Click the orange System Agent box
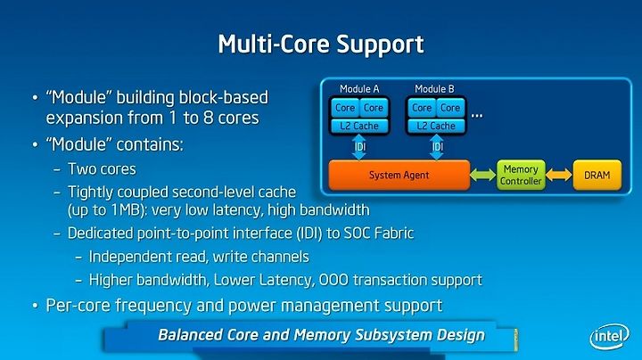pos(399,175)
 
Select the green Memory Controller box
pos(521,175)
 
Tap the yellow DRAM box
pos(597,175)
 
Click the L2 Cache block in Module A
pos(359,126)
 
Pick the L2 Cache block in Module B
pos(436,126)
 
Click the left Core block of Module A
pos(345,108)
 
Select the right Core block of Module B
pos(450,108)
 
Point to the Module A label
pos(359,89)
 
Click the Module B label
pos(434,89)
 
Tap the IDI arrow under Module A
pos(359,147)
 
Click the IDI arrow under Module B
pos(437,147)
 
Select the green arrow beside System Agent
pos(483,175)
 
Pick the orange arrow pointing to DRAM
pos(559,175)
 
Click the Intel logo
pos(610,336)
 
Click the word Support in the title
pos(381,45)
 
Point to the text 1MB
pos(126,210)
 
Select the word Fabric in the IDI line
pos(394,233)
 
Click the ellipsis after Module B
pos(476,116)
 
